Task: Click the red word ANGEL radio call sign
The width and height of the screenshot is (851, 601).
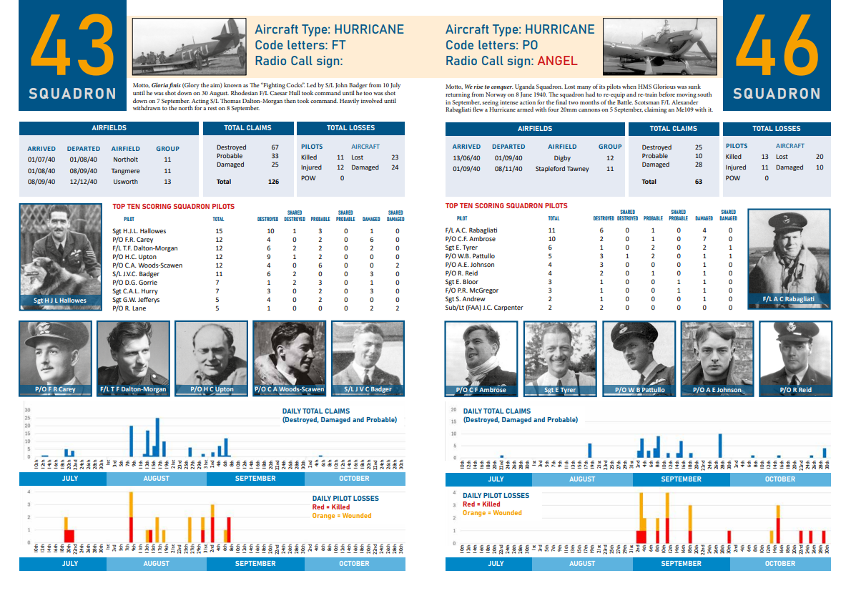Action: (557, 61)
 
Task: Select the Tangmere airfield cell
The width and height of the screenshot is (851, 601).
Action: (125, 171)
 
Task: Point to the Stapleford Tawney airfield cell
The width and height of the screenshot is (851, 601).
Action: (562, 169)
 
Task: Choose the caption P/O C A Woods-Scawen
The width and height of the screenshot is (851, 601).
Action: (289, 390)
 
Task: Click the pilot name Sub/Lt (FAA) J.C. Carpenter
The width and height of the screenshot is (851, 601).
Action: (484, 308)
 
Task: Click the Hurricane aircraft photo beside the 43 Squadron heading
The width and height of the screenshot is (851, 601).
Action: (189, 46)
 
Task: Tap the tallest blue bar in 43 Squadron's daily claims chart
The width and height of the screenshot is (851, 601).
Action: (157, 437)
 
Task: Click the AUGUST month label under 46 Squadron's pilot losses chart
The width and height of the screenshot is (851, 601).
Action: (581, 563)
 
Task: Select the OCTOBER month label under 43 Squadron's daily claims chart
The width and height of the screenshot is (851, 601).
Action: (354, 479)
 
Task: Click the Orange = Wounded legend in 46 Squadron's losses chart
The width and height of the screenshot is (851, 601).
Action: (492, 513)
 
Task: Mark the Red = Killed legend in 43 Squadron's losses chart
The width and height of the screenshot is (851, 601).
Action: (331, 507)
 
